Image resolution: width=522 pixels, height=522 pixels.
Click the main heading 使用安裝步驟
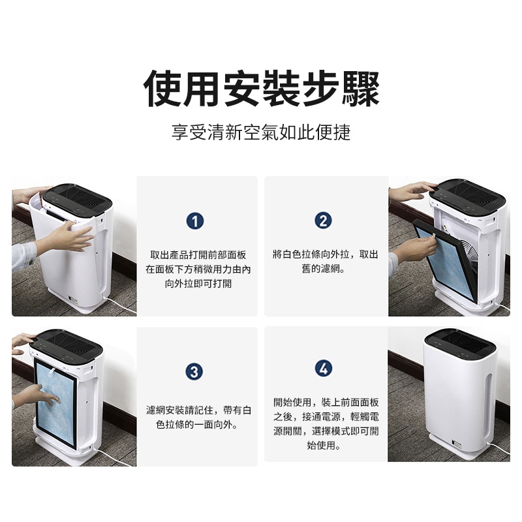[x=262, y=89]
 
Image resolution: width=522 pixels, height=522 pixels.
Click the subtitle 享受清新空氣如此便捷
[x=261, y=132]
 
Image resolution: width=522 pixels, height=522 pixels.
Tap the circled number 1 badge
[x=195, y=221]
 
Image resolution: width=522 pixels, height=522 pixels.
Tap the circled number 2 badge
[x=323, y=221]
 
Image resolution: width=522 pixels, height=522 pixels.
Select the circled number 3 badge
[x=194, y=371]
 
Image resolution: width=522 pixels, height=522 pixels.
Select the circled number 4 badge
[x=323, y=369]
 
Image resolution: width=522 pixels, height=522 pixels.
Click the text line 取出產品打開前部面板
[x=198, y=255]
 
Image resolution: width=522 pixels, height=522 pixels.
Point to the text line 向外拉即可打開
[x=198, y=284]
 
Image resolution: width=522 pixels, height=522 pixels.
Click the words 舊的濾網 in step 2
[x=320, y=269]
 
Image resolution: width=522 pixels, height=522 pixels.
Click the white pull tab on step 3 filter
[x=53, y=370]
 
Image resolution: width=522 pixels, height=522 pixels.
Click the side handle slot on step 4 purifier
[x=488, y=405]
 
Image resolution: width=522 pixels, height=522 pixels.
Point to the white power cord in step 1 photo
[x=121, y=304]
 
